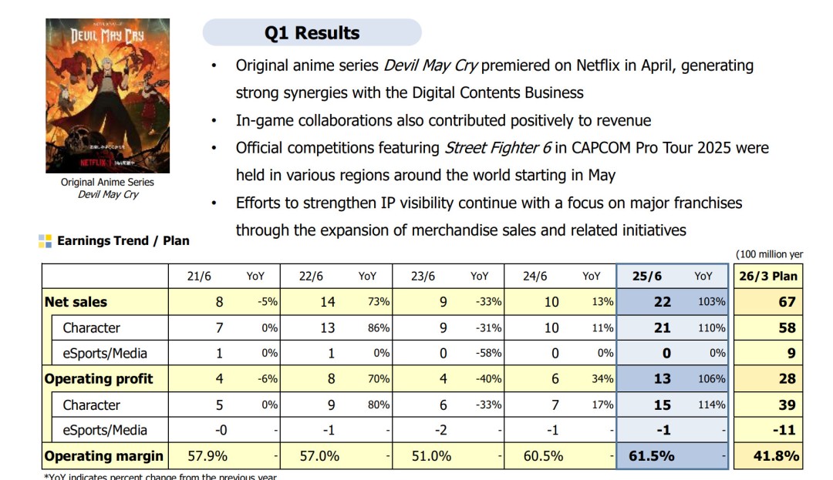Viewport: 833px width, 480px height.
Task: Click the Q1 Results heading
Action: click(x=312, y=33)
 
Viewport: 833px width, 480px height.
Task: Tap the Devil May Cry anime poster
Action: click(x=107, y=96)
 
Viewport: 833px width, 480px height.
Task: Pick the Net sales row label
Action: click(x=76, y=302)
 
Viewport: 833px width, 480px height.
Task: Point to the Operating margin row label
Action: click(x=103, y=456)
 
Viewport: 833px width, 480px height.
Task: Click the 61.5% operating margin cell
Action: click(x=653, y=456)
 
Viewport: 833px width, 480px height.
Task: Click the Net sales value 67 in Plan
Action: click(x=786, y=302)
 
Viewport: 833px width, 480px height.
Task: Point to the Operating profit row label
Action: click(x=99, y=379)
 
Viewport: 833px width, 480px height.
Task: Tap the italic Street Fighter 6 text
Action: click(x=491, y=147)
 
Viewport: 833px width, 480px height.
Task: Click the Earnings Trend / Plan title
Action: click(x=123, y=241)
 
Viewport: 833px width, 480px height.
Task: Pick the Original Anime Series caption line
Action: click(x=107, y=183)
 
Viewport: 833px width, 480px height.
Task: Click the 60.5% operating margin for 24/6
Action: click(x=543, y=456)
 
